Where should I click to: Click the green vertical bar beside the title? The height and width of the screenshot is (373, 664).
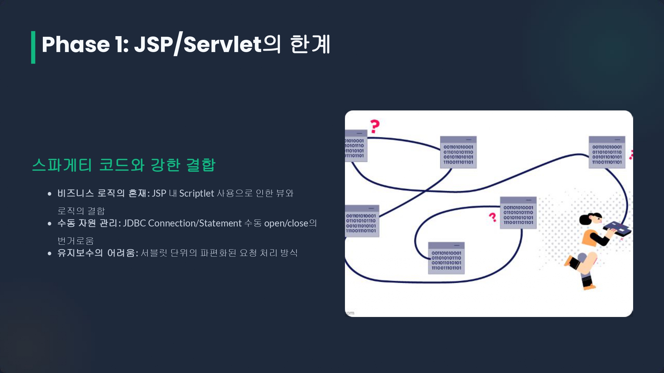click(33, 47)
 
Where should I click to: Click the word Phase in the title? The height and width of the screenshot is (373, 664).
click(76, 44)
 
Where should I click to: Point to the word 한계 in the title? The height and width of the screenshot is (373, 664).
click(310, 44)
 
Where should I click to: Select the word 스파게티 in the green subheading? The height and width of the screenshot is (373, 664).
click(62, 165)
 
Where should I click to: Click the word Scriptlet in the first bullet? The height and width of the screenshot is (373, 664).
click(197, 193)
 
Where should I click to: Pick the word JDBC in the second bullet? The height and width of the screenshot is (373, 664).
click(134, 223)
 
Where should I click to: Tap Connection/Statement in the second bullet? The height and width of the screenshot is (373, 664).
click(195, 223)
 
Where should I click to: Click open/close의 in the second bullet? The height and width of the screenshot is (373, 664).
click(290, 223)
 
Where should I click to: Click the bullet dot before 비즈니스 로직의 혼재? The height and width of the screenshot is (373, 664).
click(49, 194)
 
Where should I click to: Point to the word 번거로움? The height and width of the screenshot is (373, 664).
click(76, 241)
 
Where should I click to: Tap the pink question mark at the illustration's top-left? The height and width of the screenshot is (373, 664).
click(375, 126)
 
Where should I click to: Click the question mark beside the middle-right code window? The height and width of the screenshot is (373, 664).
click(493, 217)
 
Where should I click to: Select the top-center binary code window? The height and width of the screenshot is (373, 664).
click(458, 152)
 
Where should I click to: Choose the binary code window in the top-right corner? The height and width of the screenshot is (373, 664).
click(607, 152)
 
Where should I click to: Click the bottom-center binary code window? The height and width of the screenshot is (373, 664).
click(446, 258)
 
